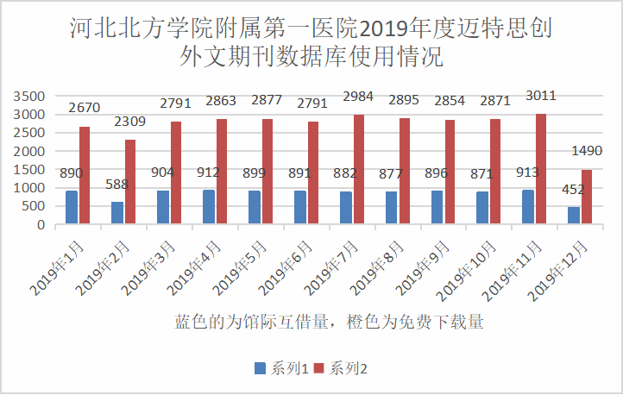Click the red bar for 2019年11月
click(x=541, y=169)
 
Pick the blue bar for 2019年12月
click(x=573, y=216)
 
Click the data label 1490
click(x=587, y=152)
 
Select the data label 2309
click(x=128, y=122)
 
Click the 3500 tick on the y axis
click(x=28, y=96)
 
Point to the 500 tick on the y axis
click(x=32, y=207)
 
